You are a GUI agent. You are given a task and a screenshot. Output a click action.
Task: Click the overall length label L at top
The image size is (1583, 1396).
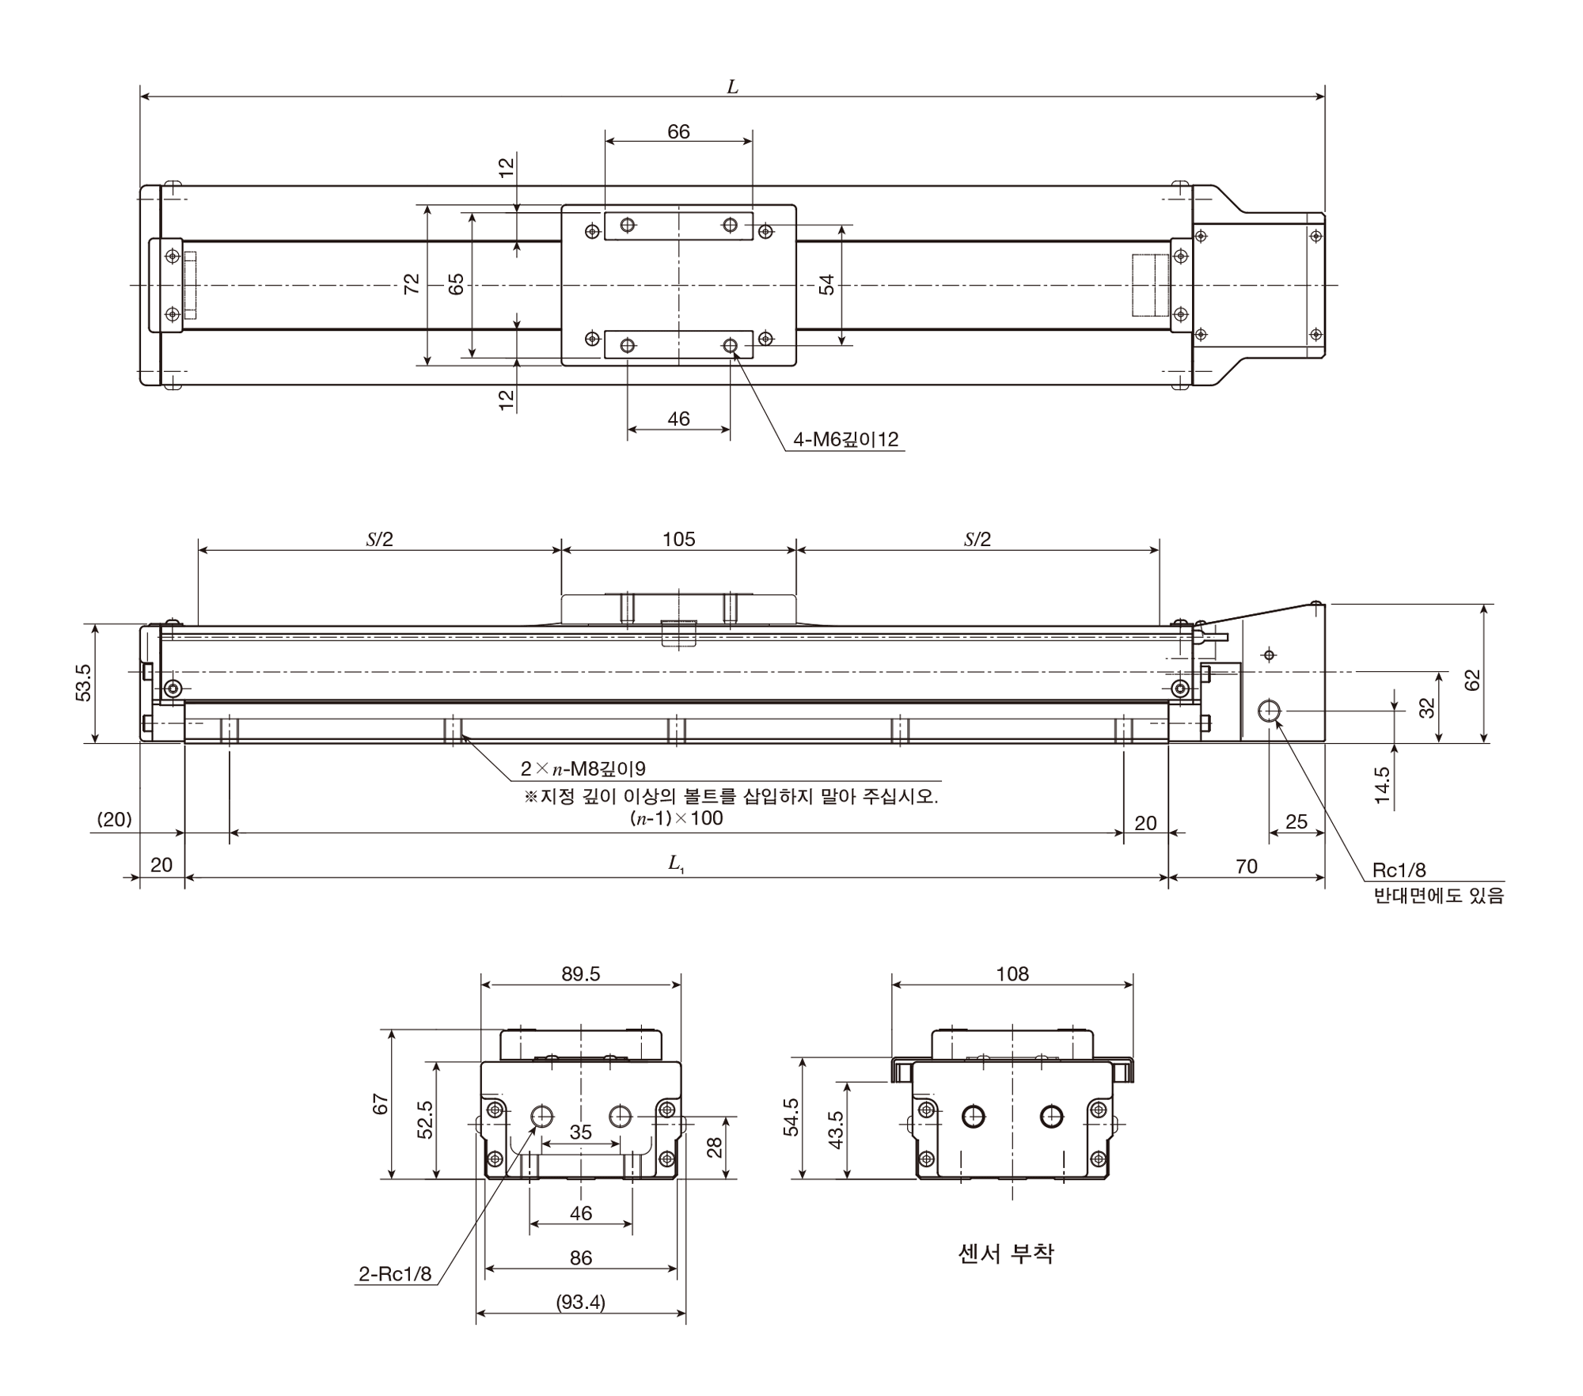(732, 87)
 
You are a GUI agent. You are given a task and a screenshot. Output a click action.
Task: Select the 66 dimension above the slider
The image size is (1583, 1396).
(678, 131)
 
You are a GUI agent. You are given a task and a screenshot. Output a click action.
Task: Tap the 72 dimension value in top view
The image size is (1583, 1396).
(412, 284)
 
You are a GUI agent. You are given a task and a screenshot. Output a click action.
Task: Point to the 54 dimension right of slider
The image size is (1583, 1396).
(826, 285)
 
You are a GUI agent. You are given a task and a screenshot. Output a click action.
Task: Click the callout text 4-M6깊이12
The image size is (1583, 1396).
(846, 439)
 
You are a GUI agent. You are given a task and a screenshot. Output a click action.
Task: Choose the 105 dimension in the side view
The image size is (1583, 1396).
(678, 539)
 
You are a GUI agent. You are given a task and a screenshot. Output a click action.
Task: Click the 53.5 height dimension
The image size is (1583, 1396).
(84, 682)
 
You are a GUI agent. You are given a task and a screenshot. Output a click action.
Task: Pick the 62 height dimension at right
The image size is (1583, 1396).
(1471, 680)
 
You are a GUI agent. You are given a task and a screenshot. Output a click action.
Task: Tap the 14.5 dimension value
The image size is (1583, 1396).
(1382, 785)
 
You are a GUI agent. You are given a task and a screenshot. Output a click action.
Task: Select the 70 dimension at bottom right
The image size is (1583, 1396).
(1247, 867)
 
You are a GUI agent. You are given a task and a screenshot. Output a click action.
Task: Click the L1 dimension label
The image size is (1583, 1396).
(676, 863)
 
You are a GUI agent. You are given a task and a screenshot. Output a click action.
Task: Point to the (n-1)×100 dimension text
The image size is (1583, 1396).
(677, 818)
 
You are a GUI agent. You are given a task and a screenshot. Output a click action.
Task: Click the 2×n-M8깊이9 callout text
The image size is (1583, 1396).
(583, 768)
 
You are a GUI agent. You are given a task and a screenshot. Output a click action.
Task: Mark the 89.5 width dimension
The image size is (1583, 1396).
(581, 974)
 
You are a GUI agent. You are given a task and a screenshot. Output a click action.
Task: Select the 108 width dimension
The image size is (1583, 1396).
(1012, 974)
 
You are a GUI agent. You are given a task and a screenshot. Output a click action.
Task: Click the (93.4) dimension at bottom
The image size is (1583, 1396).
(581, 1302)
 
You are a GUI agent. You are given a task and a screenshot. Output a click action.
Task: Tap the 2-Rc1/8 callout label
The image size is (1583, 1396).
(395, 1274)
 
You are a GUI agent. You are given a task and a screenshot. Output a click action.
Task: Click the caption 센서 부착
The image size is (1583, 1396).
(1006, 1254)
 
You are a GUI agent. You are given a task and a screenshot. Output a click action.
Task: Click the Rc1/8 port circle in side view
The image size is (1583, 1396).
(1270, 711)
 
